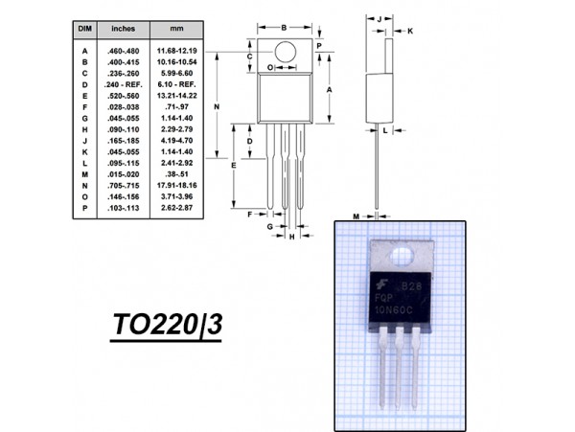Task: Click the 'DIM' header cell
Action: (x=83, y=29)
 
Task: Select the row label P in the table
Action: (x=84, y=208)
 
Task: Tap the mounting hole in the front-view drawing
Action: (x=285, y=50)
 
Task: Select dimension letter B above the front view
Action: (x=284, y=27)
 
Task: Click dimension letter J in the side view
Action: (x=379, y=18)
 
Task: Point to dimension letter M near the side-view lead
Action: (x=355, y=216)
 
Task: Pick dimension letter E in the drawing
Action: (x=235, y=166)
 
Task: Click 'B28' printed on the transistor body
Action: (x=411, y=286)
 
